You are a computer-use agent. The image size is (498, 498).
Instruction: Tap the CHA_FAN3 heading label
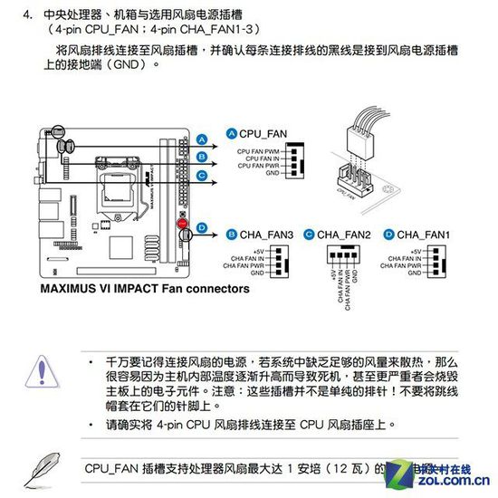click(x=266, y=234)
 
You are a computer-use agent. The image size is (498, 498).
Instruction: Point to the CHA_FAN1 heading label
click(x=425, y=234)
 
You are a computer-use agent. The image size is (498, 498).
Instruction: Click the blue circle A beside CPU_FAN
click(x=231, y=133)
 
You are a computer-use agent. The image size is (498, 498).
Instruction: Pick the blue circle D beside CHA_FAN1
click(x=388, y=234)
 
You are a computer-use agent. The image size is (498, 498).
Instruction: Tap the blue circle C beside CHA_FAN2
click(x=310, y=234)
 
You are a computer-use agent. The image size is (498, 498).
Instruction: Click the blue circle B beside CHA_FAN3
click(x=231, y=234)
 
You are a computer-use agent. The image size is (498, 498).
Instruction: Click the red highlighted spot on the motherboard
click(x=181, y=222)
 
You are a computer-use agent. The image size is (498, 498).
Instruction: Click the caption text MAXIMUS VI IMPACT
click(x=100, y=290)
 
